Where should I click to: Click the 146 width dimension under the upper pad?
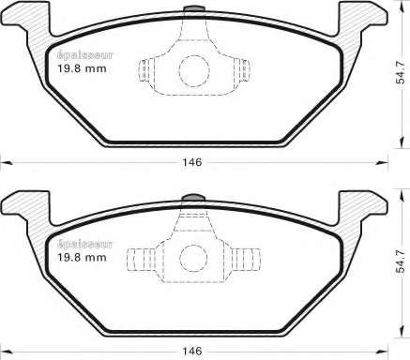(x=192, y=162)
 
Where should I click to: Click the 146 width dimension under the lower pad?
(x=192, y=352)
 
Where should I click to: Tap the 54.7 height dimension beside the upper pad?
(x=401, y=72)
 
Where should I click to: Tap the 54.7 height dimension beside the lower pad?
(x=401, y=262)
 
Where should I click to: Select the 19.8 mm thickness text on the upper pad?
(x=82, y=68)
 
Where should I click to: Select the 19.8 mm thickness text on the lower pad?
(x=82, y=258)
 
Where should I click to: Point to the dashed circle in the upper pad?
(x=194, y=71)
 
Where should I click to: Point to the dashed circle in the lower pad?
(x=193, y=259)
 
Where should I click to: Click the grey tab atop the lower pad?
(x=193, y=198)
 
